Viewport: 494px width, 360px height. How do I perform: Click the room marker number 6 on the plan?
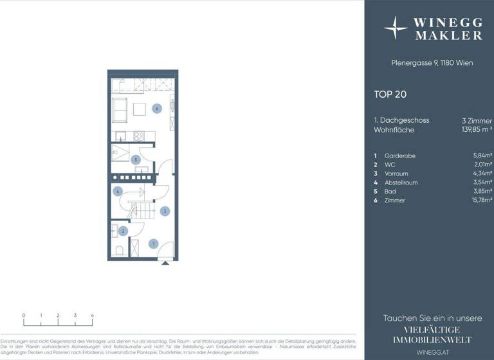click(x=156, y=109)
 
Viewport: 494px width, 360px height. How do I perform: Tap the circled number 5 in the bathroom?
click(x=135, y=159)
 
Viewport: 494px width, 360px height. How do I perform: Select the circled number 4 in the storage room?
click(x=118, y=191)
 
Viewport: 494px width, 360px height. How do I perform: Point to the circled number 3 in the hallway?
click(x=165, y=210)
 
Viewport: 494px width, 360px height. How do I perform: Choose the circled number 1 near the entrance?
click(x=153, y=244)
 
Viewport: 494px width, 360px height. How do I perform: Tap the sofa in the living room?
click(x=120, y=110)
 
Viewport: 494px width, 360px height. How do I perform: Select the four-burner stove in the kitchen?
click(x=138, y=136)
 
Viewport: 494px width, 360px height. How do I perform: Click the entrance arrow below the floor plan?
click(x=165, y=262)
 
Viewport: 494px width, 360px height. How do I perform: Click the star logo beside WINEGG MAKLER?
click(x=395, y=28)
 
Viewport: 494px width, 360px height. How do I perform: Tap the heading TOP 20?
click(x=390, y=94)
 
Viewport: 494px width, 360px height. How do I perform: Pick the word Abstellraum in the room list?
click(x=401, y=183)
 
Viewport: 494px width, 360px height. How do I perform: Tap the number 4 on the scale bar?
click(x=92, y=316)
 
